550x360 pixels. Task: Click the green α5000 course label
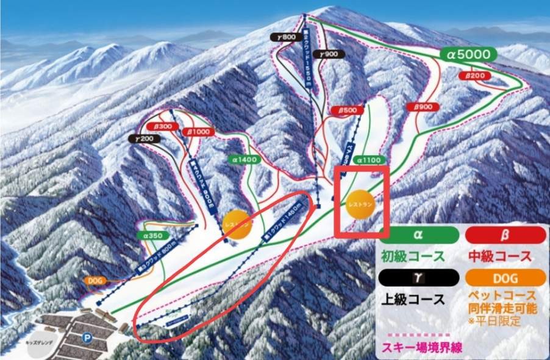pyautogui.click(x=468, y=54)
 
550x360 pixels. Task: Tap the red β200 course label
pyautogui.click(x=474, y=76)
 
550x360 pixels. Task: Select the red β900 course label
pyautogui.click(x=423, y=107)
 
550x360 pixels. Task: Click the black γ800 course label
pyautogui.click(x=285, y=37)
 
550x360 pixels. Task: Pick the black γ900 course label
pyautogui.click(x=331, y=54)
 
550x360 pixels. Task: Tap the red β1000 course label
pyautogui.click(x=198, y=131)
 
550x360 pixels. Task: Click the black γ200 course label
pyautogui.click(x=145, y=139)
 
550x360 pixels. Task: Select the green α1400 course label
pyautogui.click(x=244, y=159)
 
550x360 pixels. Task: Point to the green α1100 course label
pyautogui.click(x=368, y=160)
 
